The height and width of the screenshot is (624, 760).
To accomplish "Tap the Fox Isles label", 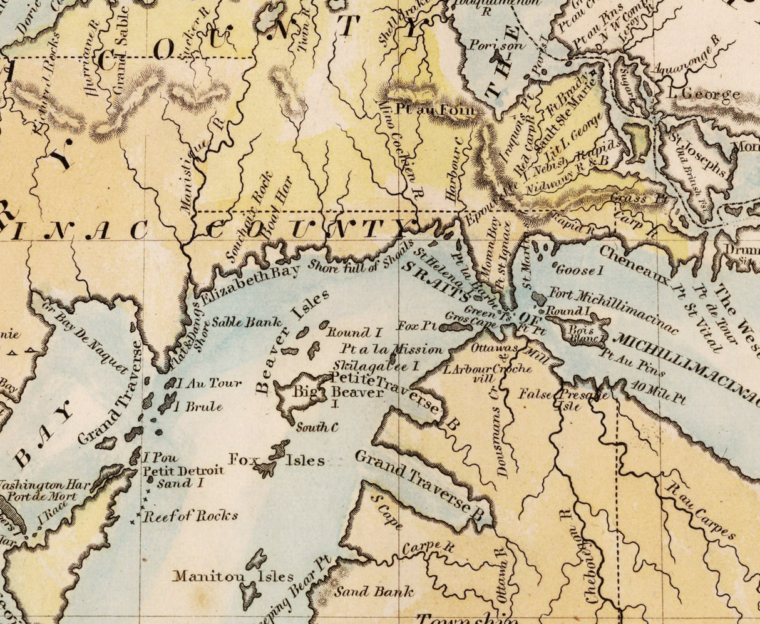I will [x=277, y=460].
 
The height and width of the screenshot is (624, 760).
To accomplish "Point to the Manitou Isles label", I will [x=233, y=576].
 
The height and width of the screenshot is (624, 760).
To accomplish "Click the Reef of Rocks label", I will [x=190, y=516].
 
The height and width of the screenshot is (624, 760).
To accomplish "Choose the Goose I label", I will [x=578, y=270].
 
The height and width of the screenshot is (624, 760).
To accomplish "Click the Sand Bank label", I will [x=374, y=591].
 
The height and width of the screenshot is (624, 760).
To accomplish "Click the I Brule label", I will [x=198, y=407].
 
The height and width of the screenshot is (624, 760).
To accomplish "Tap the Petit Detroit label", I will [x=183, y=471].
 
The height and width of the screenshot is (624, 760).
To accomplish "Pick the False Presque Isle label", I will [x=563, y=399].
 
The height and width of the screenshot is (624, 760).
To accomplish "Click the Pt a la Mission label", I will [x=392, y=349].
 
